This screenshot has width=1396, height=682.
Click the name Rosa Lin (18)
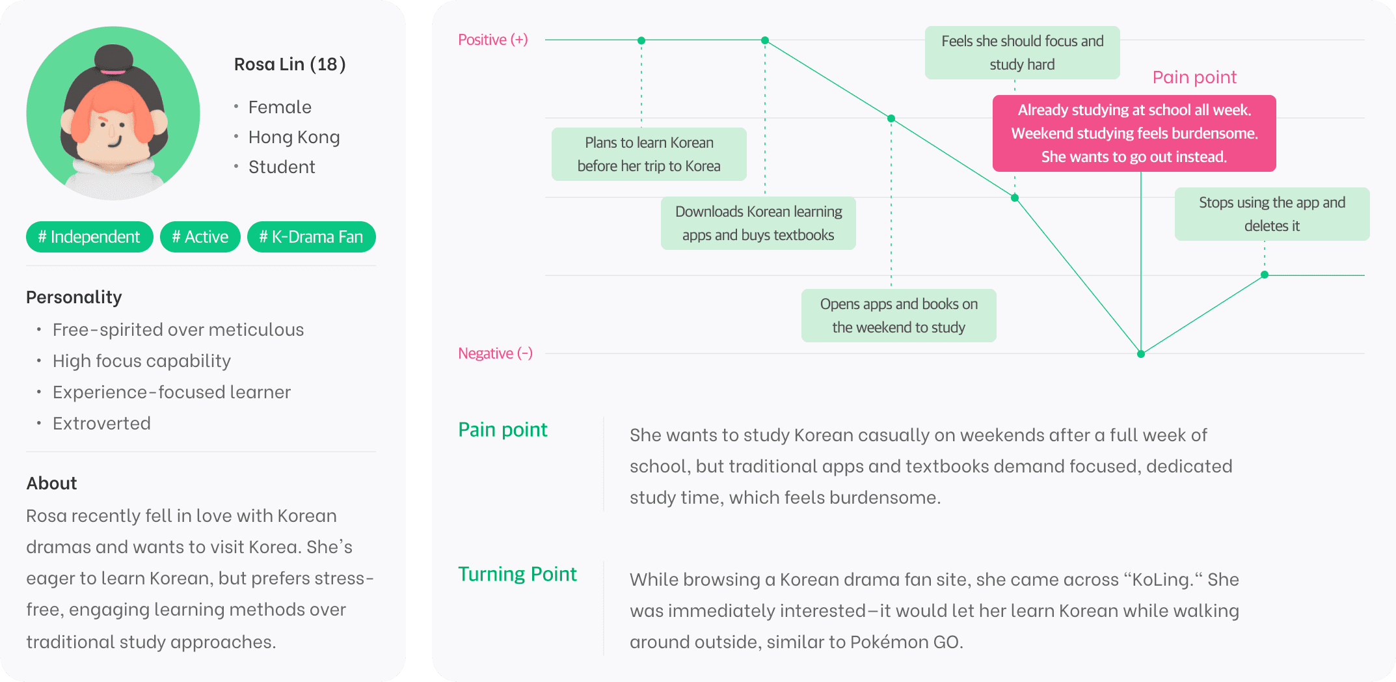289,64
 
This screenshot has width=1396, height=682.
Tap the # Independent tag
89,237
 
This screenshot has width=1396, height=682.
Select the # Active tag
200,237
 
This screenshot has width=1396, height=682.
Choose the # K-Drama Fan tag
311,237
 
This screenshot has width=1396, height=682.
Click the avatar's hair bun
114,59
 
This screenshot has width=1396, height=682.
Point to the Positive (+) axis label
492,40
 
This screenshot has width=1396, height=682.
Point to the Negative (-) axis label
495,353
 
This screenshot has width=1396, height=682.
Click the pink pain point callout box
1134,133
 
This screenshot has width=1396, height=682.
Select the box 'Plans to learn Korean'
649,154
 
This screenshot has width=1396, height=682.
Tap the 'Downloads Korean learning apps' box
758,223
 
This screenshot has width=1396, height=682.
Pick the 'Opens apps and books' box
898,316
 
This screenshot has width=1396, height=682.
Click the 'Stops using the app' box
1272,214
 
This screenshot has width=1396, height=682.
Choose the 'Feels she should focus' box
1022,53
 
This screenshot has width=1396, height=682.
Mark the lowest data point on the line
1140,354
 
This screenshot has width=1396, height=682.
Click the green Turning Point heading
517,574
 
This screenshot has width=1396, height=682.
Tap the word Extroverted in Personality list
101,424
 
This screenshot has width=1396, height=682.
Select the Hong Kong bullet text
294,137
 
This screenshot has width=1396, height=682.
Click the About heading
51,484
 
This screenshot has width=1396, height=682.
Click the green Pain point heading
503,430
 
